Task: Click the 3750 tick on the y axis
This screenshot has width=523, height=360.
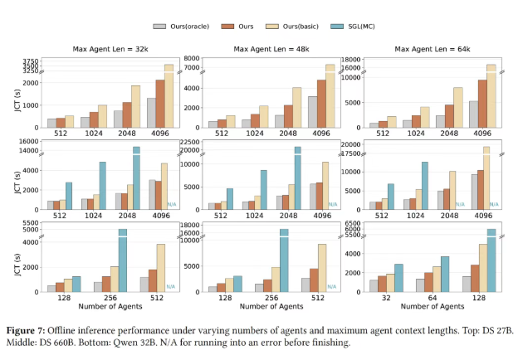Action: pos(31,61)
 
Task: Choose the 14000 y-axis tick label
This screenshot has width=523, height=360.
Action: pos(28,151)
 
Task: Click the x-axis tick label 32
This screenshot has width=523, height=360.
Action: pos(387,296)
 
